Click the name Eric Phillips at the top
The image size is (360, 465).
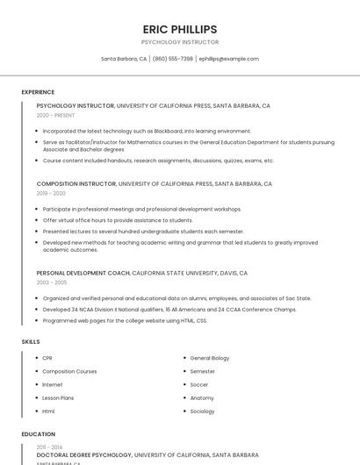pyautogui.click(x=179, y=29)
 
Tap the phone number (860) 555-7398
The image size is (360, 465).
pyautogui.click(x=173, y=59)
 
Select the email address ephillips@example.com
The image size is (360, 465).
pyautogui.click(x=229, y=59)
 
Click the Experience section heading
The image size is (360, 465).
pyautogui.click(x=38, y=92)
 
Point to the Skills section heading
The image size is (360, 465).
pyautogui.click(x=31, y=341)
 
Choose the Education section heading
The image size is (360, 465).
pyautogui.click(x=39, y=434)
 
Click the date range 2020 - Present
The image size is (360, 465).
pyautogui.click(x=55, y=115)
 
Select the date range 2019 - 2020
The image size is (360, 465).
pyautogui.click(x=51, y=193)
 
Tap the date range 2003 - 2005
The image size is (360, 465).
pyautogui.click(x=51, y=283)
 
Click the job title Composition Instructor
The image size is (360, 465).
pyautogui.click(x=76, y=184)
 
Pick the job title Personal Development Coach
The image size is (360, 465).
pyautogui.click(x=83, y=273)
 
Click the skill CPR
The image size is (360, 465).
pyautogui.click(x=47, y=358)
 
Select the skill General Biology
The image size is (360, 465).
pyautogui.click(x=210, y=358)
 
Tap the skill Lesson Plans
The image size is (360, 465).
pyautogui.click(x=58, y=397)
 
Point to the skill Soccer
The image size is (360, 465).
pyautogui.click(x=199, y=384)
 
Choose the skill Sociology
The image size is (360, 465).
pyautogui.click(x=202, y=411)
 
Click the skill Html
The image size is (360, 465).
pyautogui.click(x=48, y=411)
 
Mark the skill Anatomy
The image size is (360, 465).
pyautogui.click(x=202, y=397)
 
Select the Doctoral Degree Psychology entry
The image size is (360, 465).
pyautogui.click(x=83, y=455)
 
